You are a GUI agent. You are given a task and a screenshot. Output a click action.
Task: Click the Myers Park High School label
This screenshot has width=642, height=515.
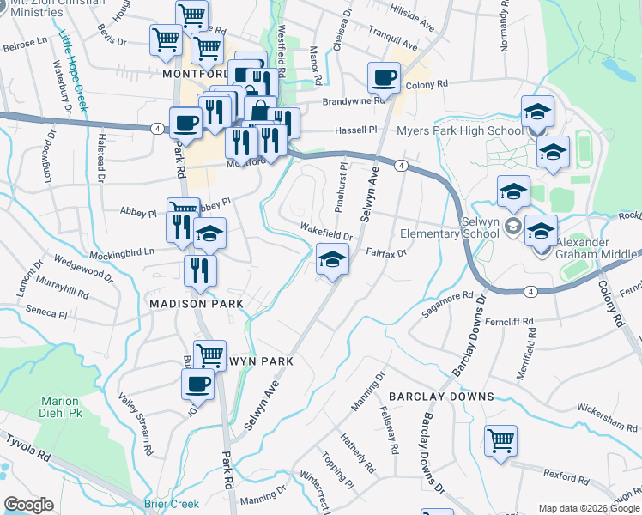(459, 130)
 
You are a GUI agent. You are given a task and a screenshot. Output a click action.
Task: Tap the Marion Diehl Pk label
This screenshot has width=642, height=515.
(59, 406)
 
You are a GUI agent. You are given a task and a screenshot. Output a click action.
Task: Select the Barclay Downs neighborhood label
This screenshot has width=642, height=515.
(441, 397)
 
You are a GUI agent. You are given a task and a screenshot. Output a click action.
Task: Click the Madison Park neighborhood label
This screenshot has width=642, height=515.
(197, 304)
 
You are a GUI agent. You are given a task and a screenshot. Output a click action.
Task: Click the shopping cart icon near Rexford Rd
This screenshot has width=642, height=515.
(500, 440)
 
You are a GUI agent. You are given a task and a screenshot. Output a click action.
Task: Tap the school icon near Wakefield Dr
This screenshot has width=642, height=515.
(332, 258)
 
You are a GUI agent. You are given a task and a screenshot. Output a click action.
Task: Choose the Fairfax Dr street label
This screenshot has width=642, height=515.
(385, 252)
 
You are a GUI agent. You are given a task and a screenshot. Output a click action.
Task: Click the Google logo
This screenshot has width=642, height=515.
(28, 505)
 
